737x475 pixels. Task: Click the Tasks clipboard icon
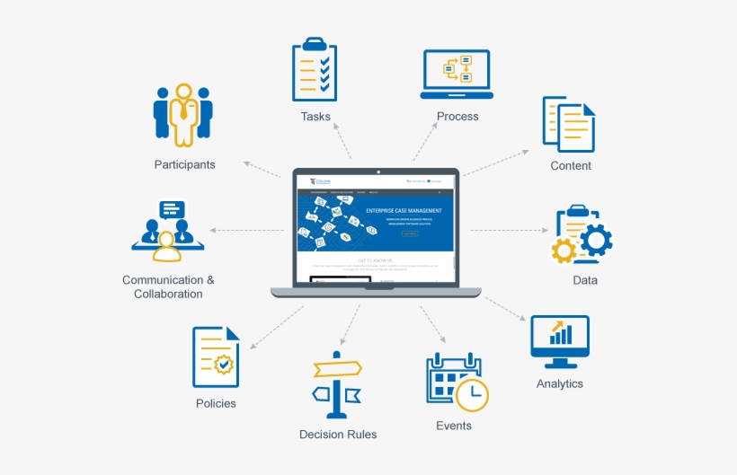(315, 71)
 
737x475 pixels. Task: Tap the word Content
(571, 166)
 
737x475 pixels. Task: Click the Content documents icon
(569, 123)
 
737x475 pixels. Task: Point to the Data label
(585, 280)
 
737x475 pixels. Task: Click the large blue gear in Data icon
(595, 239)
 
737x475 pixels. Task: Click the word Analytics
(559, 383)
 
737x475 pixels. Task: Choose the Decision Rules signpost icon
(337, 384)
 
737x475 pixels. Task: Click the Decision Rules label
(338, 435)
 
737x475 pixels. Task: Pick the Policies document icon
(216, 356)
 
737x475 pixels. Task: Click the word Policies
(216, 403)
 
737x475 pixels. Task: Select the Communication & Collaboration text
(168, 286)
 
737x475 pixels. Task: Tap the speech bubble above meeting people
(171, 210)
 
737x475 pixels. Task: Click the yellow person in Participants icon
(183, 115)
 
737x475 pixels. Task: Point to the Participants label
(184, 164)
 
